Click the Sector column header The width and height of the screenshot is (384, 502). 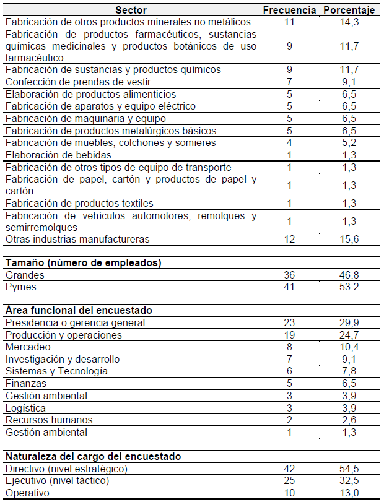click(x=131, y=10)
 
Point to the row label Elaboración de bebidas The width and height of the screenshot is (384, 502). click(x=58, y=155)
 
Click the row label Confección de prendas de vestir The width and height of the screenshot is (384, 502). click(x=78, y=82)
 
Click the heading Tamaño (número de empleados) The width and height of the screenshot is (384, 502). click(x=84, y=262)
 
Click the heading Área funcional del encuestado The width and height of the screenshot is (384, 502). click(x=79, y=310)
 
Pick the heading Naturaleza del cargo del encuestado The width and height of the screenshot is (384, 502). click(x=94, y=456)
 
